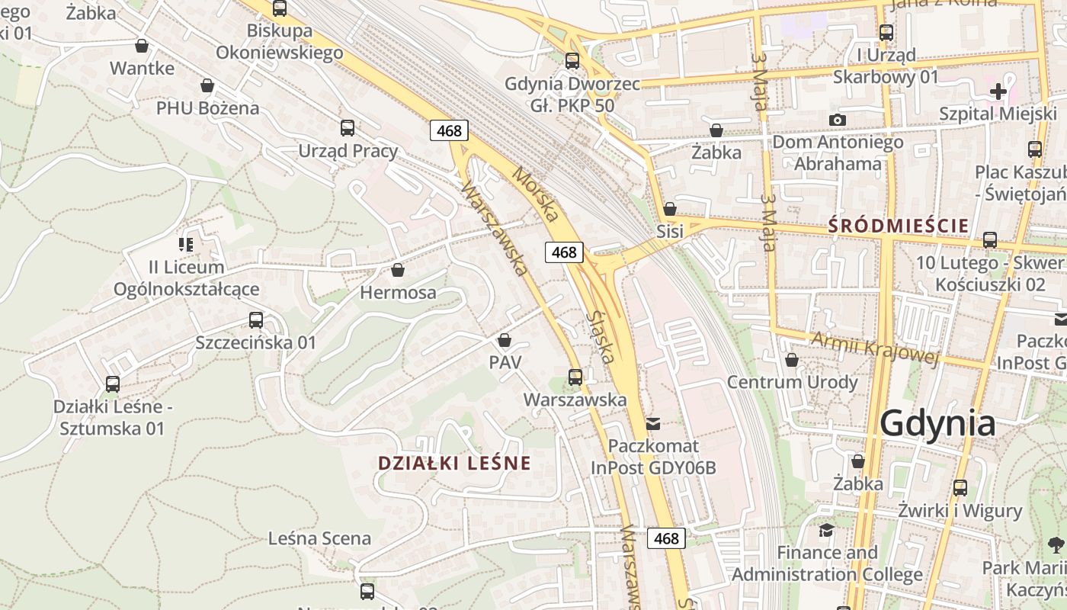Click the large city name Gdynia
[x=937, y=423]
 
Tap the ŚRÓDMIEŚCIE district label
[x=898, y=226]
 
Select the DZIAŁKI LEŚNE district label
[x=454, y=463]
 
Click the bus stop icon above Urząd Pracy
[x=348, y=127]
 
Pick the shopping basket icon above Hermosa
[x=397, y=269]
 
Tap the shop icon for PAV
[x=505, y=340]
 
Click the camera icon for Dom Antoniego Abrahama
[x=837, y=120]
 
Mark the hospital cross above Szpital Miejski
[x=998, y=91]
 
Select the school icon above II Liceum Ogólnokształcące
[x=186, y=245]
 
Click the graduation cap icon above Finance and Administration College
[x=826, y=529]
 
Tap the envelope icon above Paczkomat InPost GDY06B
[x=653, y=423]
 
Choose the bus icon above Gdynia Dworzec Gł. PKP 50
[x=572, y=60]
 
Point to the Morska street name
[x=535, y=195]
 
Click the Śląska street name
[x=603, y=335]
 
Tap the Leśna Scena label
[x=319, y=538]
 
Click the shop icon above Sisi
[x=670, y=208]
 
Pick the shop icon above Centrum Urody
[x=792, y=359]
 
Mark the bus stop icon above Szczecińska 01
[x=256, y=319]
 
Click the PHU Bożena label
[x=207, y=108]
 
